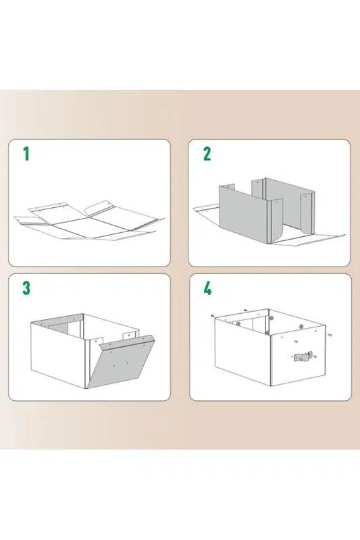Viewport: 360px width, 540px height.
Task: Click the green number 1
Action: coord(26,154)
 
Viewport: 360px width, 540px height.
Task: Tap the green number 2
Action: coord(207,154)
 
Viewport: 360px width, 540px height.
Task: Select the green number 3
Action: coord(26,288)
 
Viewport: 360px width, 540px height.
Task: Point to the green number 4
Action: coord(207,288)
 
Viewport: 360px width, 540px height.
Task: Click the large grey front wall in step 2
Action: coord(243,213)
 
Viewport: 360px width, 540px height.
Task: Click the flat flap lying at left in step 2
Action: coord(205,209)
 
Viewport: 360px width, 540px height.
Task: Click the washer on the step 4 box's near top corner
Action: coord(267,333)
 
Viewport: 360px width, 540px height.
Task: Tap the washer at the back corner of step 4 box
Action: coord(272,318)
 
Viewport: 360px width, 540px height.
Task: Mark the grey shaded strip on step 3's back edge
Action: coord(57,321)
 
